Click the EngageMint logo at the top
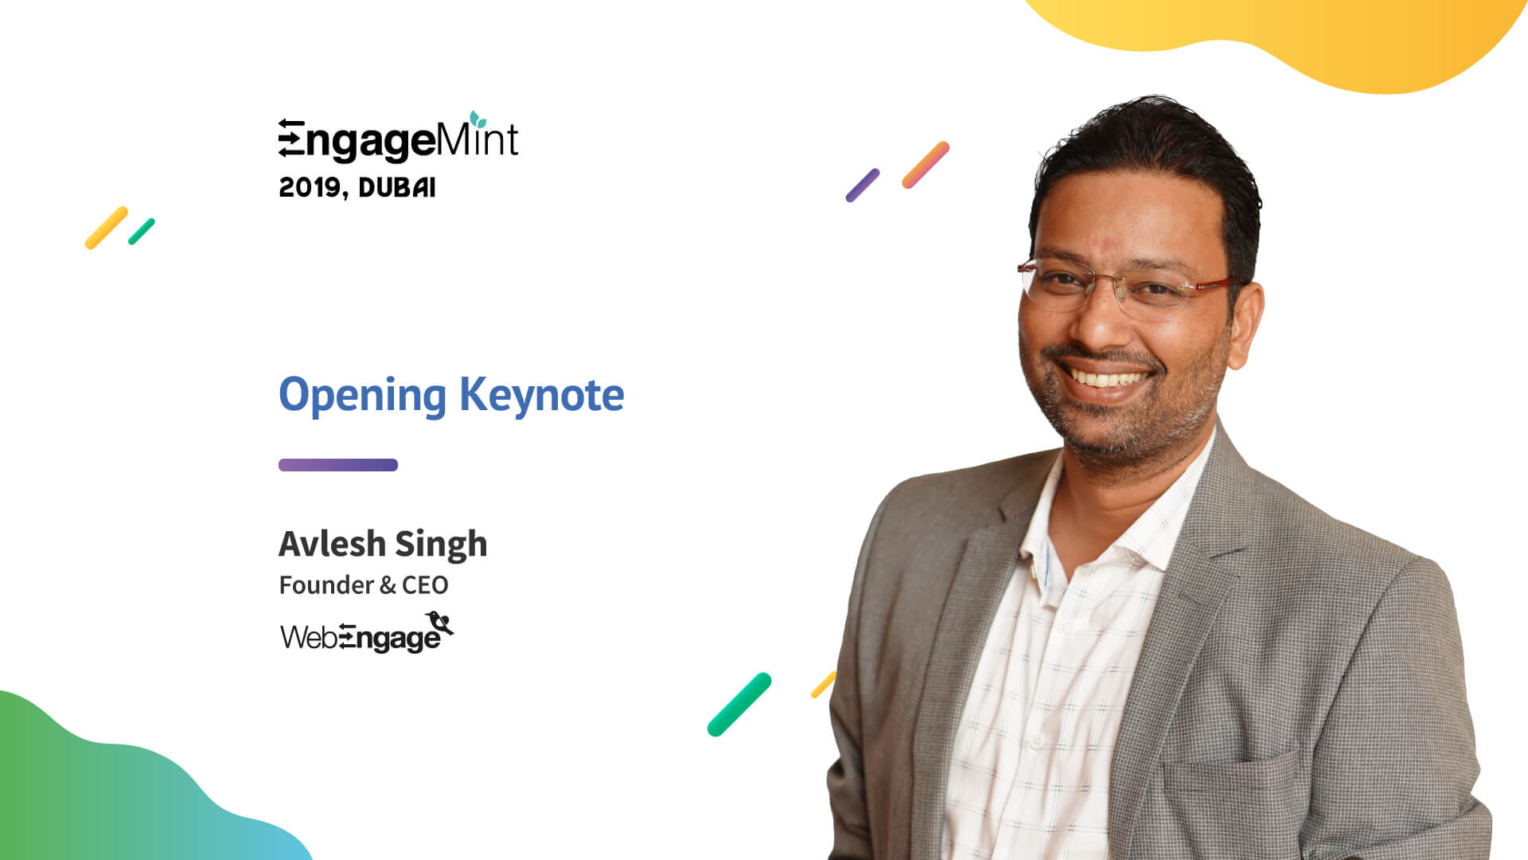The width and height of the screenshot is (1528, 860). coord(398,138)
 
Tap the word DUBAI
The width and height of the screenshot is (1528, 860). coord(397,188)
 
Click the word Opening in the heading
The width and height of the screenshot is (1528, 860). coord(362,396)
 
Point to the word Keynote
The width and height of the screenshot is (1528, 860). coord(542,396)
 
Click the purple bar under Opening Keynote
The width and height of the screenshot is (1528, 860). coord(338,465)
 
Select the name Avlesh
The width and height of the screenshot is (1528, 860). coord(332,544)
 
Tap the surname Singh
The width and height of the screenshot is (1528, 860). coord(441,545)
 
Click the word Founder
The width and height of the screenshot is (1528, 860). coord(326,585)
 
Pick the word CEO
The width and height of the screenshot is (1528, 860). coord(425,585)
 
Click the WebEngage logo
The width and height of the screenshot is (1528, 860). coord(367,633)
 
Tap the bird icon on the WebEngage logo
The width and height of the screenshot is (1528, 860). coord(439,622)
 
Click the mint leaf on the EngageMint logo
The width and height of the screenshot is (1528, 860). coord(477,119)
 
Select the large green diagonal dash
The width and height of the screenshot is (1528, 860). coord(739,705)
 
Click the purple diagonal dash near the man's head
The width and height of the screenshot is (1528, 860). coord(863,186)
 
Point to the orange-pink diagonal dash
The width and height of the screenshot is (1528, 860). coord(926,165)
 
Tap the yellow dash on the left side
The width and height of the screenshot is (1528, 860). coord(107,228)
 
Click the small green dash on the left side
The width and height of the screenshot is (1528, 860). coord(142,232)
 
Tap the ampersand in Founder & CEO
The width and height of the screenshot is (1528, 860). coord(388,586)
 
